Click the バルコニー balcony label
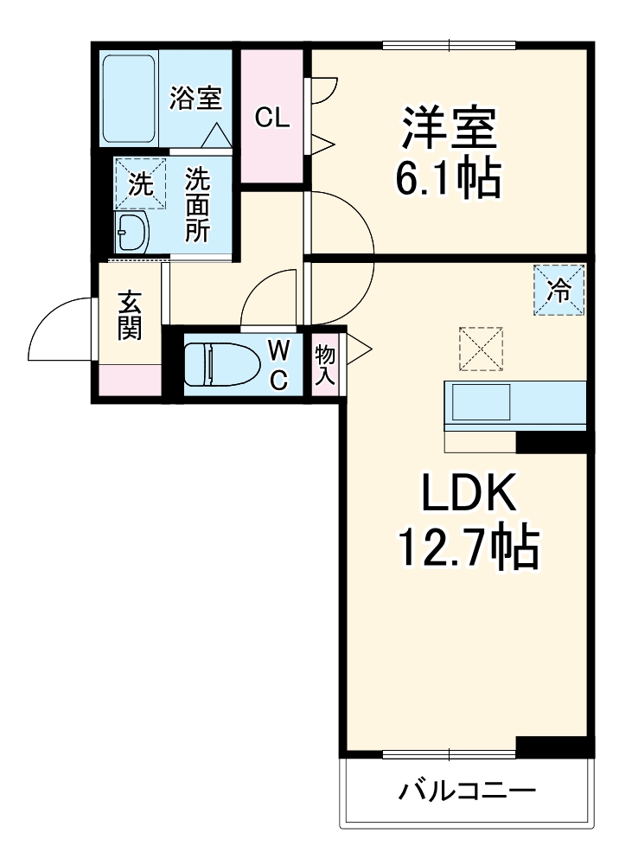(x=467, y=791)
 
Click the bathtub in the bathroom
(x=129, y=99)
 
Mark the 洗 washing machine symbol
(x=140, y=183)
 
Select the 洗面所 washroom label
(x=198, y=204)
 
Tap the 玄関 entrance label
(x=130, y=316)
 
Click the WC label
(x=278, y=364)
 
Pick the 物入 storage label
(x=325, y=364)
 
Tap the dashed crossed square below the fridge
(x=481, y=349)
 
